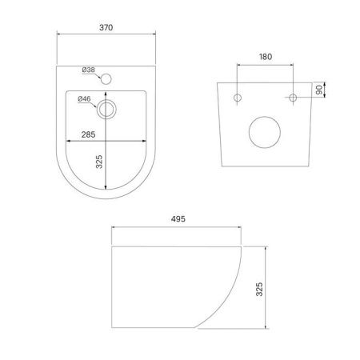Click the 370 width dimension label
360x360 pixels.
pos(106,27)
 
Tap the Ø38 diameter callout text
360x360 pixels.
pos(89,70)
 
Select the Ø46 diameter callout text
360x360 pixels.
pos(84,99)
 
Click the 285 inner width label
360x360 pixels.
pos(88,134)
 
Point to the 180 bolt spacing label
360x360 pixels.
pos(266,57)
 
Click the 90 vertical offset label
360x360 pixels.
pos(319,90)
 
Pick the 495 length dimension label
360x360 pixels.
pos(178,219)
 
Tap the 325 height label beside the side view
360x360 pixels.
pos(259,289)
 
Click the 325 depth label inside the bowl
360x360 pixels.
pos(99,162)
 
